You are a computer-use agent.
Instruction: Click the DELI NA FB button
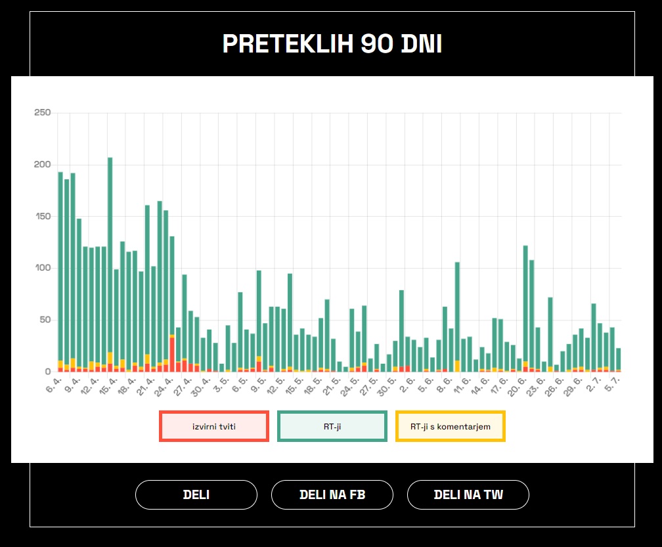[x=332, y=495]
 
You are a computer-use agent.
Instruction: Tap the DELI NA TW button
[x=468, y=495]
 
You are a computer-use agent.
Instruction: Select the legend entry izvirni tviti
[x=214, y=426]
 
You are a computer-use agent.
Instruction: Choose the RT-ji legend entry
[x=332, y=426]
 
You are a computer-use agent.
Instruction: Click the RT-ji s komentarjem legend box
[x=451, y=426]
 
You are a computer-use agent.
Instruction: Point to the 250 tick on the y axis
[x=42, y=113]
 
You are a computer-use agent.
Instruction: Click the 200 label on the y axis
[x=42, y=165]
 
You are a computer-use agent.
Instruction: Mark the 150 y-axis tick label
[x=42, y=216]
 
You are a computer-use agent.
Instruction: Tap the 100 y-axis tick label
[x=42, y=268]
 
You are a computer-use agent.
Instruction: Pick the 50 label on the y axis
[x=45, y=320]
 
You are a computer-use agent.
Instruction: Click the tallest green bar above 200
[x=110, y=250]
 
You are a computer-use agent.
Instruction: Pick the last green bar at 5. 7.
[x=619, y=359]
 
